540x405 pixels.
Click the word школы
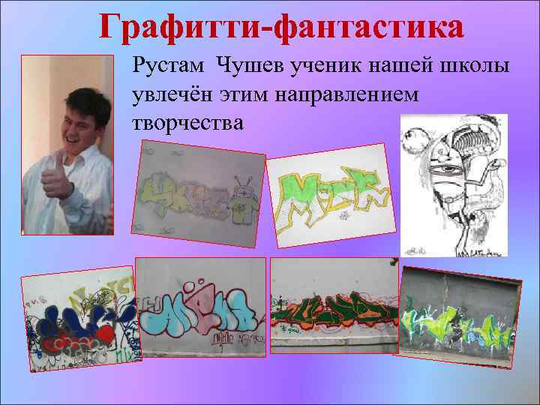point(478,67)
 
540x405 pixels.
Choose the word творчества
point(187,121)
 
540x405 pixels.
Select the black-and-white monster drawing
point(453,184)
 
